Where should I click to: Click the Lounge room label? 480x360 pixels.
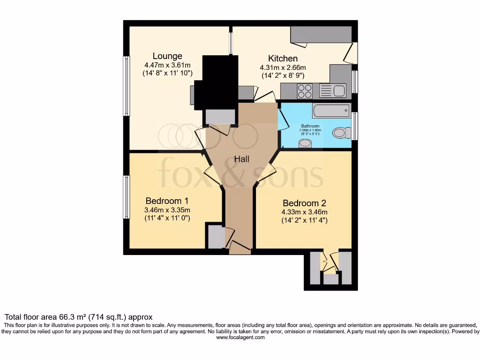coord(167,56)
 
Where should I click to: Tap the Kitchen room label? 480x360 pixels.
coord(283,59)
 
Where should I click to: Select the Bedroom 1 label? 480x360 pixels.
coord(167,201)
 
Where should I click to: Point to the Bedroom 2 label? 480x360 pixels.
coord(304,203)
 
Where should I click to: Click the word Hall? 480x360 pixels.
coord(242,159)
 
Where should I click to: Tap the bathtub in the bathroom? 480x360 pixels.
coord(331,111)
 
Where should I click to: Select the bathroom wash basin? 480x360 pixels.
coord(305,142)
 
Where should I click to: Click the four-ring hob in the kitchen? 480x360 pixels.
coord(305,90)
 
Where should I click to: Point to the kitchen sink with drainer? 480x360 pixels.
coord(332,90)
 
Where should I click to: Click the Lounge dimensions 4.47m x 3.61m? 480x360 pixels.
coord(167,65)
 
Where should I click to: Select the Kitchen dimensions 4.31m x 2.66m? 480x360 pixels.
coord(283,67)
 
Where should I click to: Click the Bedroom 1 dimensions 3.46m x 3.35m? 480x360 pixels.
coord(167,210)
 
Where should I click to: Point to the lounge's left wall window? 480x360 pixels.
coord(126,86)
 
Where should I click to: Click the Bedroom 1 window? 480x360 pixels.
coord(126,197)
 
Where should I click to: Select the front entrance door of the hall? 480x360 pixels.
coord(240,247)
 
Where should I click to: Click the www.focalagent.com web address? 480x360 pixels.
coord(240,337)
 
